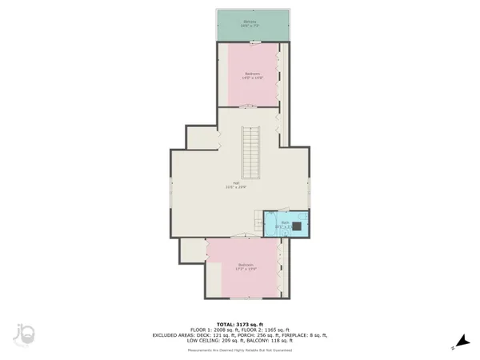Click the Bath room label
tap(285, 225)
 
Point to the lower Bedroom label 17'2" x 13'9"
tap(245, 267)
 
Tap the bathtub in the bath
tap(272, 226)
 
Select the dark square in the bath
tap(297, 226)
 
